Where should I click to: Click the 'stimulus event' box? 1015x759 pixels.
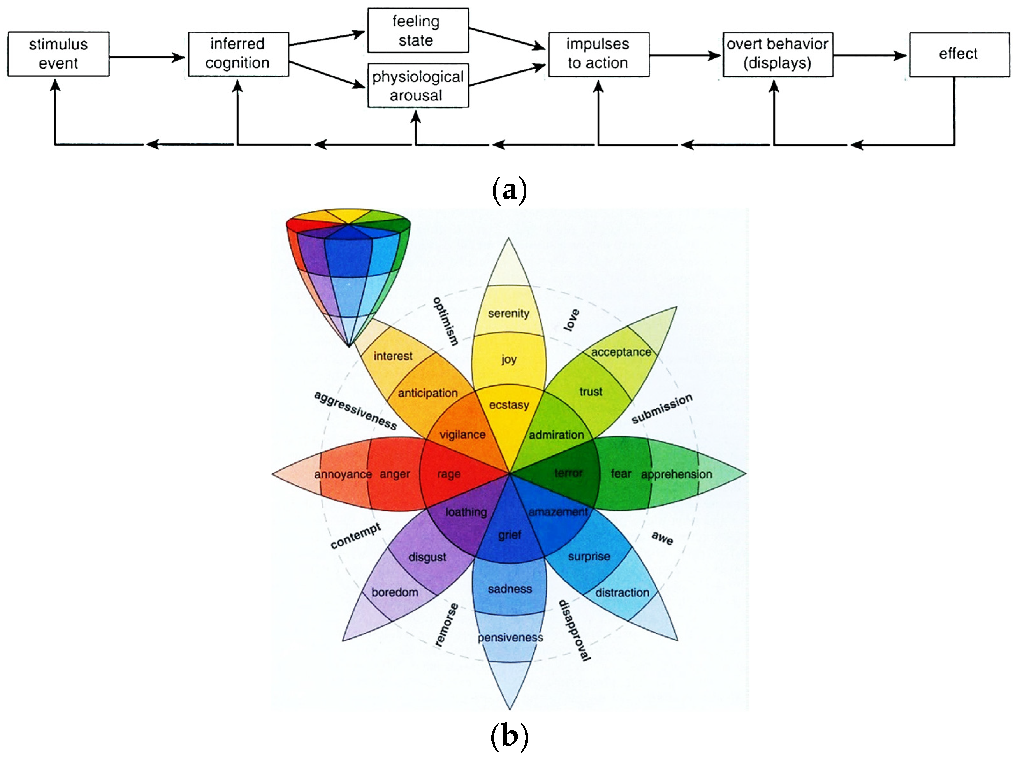pyautogui.click(x=58, y=54)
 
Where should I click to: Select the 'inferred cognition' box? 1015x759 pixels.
pyautogui.click(x=238, y=54)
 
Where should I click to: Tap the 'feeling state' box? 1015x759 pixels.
pyautogui.click(x=417, y=30)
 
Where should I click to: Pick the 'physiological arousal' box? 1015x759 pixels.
pyautogui.click(x=417, y=86)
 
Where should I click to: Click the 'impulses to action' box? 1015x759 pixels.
pyautogui.click(x=598, y=54)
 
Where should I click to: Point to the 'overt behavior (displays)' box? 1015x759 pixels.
pyautogui.click(x=777, y=54)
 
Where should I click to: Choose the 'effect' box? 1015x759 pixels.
pyautogui.click(x=959, y=54)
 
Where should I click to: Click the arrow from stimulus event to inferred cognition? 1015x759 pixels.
pyautogui.click(x=147, y=57)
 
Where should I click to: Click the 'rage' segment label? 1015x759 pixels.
pyautogui.click(x=448, y=474)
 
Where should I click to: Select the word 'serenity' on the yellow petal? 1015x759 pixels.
pyautogui.click(x=508, y=314)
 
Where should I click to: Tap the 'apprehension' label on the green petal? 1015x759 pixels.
pyautogui.click(x=676, y=474)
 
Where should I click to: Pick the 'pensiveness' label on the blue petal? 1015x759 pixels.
pyautogui.click(x=510, y=637)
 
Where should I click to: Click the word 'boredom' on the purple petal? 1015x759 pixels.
pyautogui.click(x=395, y=592)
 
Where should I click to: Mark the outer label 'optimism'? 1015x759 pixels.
pyautogui.click(x=445, y=321)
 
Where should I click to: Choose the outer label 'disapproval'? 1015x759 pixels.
pyautogui.click(x=574, y=630)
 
